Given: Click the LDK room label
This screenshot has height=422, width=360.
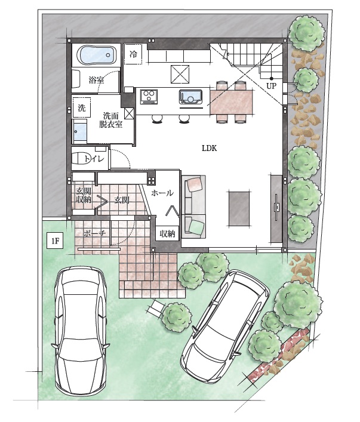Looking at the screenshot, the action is [210, 148].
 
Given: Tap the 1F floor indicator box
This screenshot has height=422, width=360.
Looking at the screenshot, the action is [55, 241].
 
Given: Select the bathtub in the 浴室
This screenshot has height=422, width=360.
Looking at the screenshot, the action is [96, 55].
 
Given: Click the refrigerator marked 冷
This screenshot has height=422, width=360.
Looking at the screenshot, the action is [133, 54].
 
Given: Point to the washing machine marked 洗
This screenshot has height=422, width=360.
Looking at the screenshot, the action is [82, 107].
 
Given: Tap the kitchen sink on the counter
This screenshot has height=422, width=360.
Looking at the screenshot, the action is [190, 97].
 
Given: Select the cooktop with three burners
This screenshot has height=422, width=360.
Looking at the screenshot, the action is [149, 97].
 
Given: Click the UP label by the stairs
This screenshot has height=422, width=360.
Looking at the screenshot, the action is [272, 86].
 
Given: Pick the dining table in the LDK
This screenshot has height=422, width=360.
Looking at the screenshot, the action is [232, 101].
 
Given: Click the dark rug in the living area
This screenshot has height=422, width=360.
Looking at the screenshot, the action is [239, 209].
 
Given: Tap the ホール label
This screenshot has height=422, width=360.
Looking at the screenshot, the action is [162, 193].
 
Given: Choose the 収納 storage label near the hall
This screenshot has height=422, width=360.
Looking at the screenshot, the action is [168, 233].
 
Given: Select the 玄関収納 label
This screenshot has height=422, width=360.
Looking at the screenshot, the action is [84, 195].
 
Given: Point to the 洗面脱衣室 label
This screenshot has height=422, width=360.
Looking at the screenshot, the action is [110, 120].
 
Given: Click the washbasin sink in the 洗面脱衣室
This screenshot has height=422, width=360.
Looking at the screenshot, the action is [80, 132].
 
